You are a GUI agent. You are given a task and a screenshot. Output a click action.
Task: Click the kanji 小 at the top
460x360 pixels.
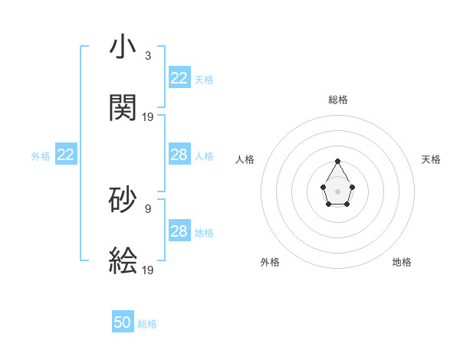pyautogui.click(x=123, y=47)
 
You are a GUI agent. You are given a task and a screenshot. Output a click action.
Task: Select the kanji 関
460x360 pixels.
pyautogui.click(x=123, y=107)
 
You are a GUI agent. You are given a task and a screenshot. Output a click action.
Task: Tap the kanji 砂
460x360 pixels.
pyautogui.click(x=123, y=198)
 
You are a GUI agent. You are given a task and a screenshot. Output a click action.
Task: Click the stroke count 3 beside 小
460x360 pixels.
pyautogui.click(x=148, y=55)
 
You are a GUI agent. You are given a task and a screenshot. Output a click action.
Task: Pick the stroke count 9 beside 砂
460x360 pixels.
pyautogui.click(x=148, y=207)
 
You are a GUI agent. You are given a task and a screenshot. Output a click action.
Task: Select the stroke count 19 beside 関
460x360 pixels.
pyautogui.click(x=148, y=116)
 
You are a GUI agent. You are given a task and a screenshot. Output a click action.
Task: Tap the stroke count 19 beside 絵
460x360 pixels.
pyautogui.click(x=148, y=270)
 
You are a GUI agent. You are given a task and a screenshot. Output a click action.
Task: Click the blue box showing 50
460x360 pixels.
pyautogui.click(x=123, y=322)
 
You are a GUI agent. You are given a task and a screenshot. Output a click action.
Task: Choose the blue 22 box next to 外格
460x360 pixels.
pyautogui.click(x=66, y=155)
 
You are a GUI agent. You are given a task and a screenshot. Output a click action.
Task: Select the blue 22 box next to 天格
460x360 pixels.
pyautogui.click(x=179, y=78)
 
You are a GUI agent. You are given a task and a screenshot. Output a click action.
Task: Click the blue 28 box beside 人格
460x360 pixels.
pyautogui.click(x=179, y=155)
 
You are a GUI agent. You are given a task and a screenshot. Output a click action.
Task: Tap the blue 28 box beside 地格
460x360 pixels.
pyautogui.click(x=179, y=231)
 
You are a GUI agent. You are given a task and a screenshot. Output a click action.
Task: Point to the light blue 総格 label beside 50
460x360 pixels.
pyautogui.click(x=147, y=324)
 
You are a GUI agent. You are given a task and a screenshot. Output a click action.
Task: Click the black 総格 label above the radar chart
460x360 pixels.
pyautogui.click(x=337, y=100)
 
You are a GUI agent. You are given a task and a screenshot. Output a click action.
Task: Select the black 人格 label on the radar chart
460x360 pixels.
pyautogui.click(x=245, y=159)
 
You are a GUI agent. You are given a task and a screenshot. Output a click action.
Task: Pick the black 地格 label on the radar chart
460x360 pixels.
pyautogui.click(x=402, y=262)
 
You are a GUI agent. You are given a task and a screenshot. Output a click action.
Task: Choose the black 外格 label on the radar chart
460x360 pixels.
pyautogui.click(x=270, y=262)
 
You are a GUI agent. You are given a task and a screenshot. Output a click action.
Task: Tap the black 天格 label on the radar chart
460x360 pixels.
pyautogui.click(x=431, y=159)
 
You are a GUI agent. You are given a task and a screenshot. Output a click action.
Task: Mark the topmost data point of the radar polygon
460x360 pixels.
pyautogui.click(x=337, y=161)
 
